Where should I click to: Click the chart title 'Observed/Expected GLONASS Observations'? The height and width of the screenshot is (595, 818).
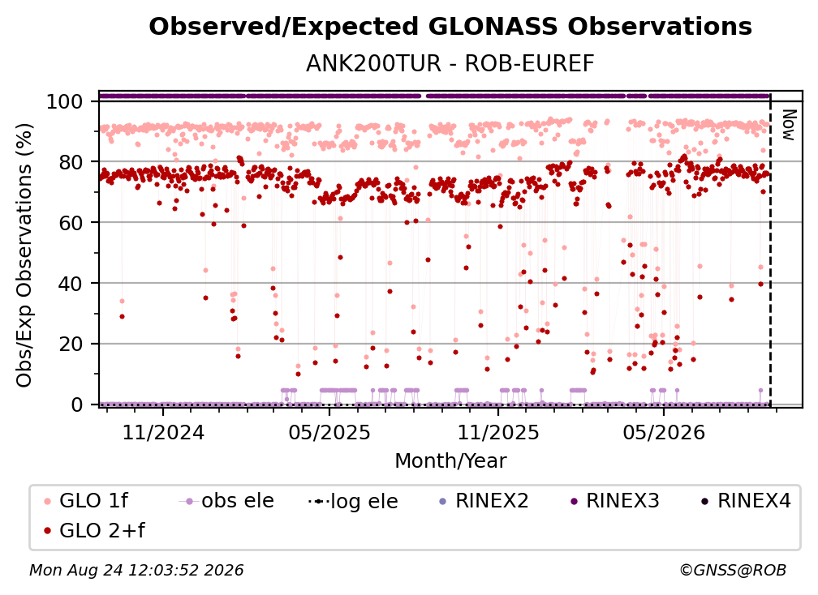450,27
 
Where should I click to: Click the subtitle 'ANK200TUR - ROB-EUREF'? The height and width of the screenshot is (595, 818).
450,64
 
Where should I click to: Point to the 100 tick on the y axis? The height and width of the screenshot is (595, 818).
65,101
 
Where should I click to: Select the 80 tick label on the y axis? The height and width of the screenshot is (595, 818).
71,162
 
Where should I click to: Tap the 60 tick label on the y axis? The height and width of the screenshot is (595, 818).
71,223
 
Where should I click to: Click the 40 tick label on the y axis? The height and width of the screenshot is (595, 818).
71,284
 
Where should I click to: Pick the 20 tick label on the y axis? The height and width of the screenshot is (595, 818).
71,345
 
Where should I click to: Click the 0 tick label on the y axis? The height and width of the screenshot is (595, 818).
77,405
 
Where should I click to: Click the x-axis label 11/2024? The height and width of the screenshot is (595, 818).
163,433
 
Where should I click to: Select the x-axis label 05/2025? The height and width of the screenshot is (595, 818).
329,433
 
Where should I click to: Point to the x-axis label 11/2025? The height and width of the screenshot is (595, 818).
498,433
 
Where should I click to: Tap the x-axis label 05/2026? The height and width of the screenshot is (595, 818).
664,433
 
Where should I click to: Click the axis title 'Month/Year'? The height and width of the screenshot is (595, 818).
450,461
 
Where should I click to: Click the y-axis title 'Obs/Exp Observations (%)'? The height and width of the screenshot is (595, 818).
24,255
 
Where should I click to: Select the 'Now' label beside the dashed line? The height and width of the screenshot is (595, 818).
788,125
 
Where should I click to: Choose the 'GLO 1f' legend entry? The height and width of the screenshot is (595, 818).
86,501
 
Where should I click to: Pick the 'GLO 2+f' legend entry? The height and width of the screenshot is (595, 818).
94,531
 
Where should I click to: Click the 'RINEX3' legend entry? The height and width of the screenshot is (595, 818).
614,501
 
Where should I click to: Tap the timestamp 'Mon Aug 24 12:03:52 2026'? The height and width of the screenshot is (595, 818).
136,571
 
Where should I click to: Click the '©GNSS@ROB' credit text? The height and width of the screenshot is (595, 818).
733,571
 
